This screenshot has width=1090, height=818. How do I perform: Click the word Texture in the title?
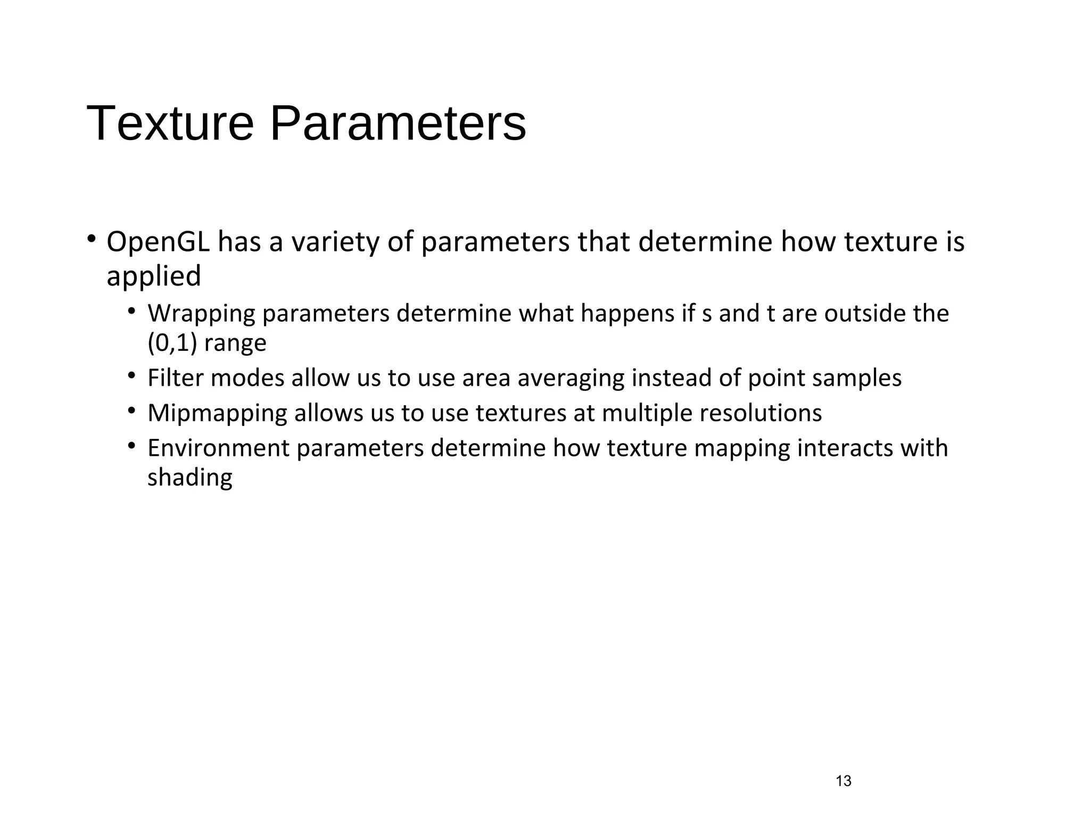coord(170,124)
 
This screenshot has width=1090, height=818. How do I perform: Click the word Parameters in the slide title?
coord(398,124)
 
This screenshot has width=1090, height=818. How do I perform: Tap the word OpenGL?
coord(158,242)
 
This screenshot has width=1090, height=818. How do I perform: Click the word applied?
coord(154,276)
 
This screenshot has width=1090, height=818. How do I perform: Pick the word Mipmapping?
coord(217,414)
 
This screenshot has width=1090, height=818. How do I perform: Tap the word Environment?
coord(218,448)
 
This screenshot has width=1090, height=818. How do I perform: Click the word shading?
coord(189,478)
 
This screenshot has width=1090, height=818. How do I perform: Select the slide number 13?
coord(844,781)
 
